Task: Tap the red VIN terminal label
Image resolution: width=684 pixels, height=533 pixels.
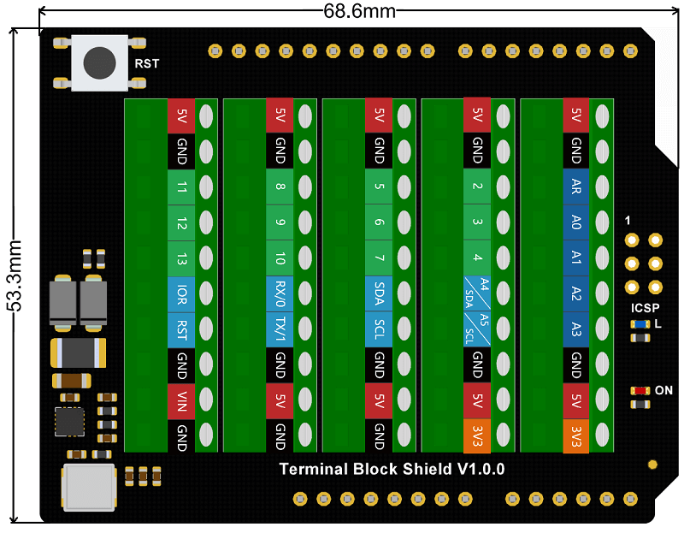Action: [x=180, y=401]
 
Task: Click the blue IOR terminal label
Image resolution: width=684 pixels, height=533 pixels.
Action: [x=180, y=294]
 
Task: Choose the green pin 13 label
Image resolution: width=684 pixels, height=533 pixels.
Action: [x=180, y=258]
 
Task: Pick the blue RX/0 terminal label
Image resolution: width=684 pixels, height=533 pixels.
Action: [x=280, y=294]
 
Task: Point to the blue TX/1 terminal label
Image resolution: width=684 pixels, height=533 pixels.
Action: [x=280, y=329]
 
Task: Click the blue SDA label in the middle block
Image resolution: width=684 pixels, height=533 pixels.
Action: [x=379, y=294]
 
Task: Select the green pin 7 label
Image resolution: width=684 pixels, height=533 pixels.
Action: [x=379, y=258]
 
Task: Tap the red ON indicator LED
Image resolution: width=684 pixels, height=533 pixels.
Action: [x=639, y=390]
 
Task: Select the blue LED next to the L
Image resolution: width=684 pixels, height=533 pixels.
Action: [x=639, y=324]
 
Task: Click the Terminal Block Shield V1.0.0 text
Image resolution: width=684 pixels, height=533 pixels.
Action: [x=392, y=469]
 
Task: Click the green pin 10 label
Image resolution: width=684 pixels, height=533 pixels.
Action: [x=280, y=258]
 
